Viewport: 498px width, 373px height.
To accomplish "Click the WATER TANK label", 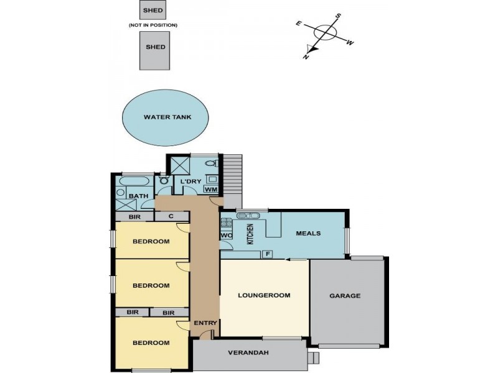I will pyautogui.click(x=167, y=117).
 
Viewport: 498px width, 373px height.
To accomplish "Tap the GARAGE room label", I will pyautogui.click(x=345, y=296).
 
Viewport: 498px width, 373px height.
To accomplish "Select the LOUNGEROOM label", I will pyautogui.click(x=264, y=295).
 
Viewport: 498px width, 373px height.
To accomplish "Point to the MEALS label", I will pyautogui.click(x=308, y=233).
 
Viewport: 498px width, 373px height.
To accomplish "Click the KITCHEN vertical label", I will pyautogui.click(x=251, y=234).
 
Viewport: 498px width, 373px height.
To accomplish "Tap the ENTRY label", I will pyautogui.click(x=205, y=323).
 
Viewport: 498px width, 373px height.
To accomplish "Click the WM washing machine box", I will pyautogui.click(x=210, y=189).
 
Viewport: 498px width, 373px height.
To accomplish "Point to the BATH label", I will pyautogui.click(x=139, y=196).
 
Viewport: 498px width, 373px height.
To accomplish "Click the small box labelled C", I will pyautogui.click(x=171, y=216).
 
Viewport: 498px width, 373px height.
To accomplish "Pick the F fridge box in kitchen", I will pyautogui.click(x=268, y=254).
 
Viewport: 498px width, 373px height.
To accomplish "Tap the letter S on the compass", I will pyautogui.click(x=339, y=16).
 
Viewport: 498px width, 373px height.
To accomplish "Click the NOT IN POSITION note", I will pyautogui.click(x=153, y=25).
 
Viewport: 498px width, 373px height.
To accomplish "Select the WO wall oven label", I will pyautogui.click(x=226, y=236).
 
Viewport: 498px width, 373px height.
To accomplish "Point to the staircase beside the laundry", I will pyautogui.click(x=232, y=174).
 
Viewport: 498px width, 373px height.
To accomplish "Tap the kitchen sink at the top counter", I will pyautogui.click(x=248, y=216).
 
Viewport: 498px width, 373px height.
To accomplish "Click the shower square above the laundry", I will pyautogui.click(x=181, y=164).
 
